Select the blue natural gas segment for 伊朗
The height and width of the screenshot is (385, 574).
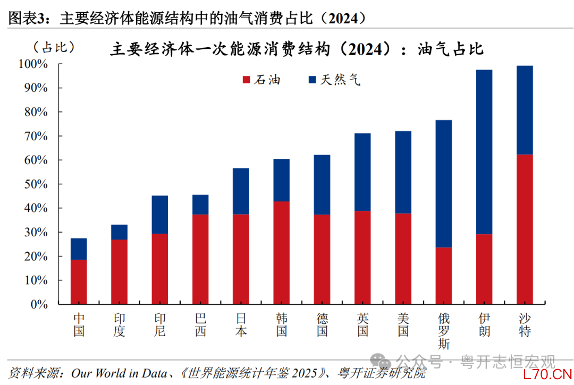click(484, 152)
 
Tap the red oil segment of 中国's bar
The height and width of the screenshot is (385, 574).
click(79, 281)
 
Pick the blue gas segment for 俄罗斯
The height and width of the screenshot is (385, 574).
click(443, 184)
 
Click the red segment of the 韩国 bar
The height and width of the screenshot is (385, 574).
click(281, 253)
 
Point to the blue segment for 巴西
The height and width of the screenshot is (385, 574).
click(200, 204)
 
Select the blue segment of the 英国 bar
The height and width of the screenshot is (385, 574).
click(362, 172)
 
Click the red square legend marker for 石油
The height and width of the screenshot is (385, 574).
click(246, 80)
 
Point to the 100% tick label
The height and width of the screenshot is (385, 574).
click(33, 64)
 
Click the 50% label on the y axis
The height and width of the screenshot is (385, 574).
click(36, 184)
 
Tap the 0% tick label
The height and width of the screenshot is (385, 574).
click(39, 304)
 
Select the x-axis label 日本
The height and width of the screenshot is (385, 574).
click(241, 325)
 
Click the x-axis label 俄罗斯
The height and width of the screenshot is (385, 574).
click(443, 331)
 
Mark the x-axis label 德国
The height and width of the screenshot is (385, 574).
click(322, 325)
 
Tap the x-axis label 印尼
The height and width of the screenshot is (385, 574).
click(160, 325)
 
